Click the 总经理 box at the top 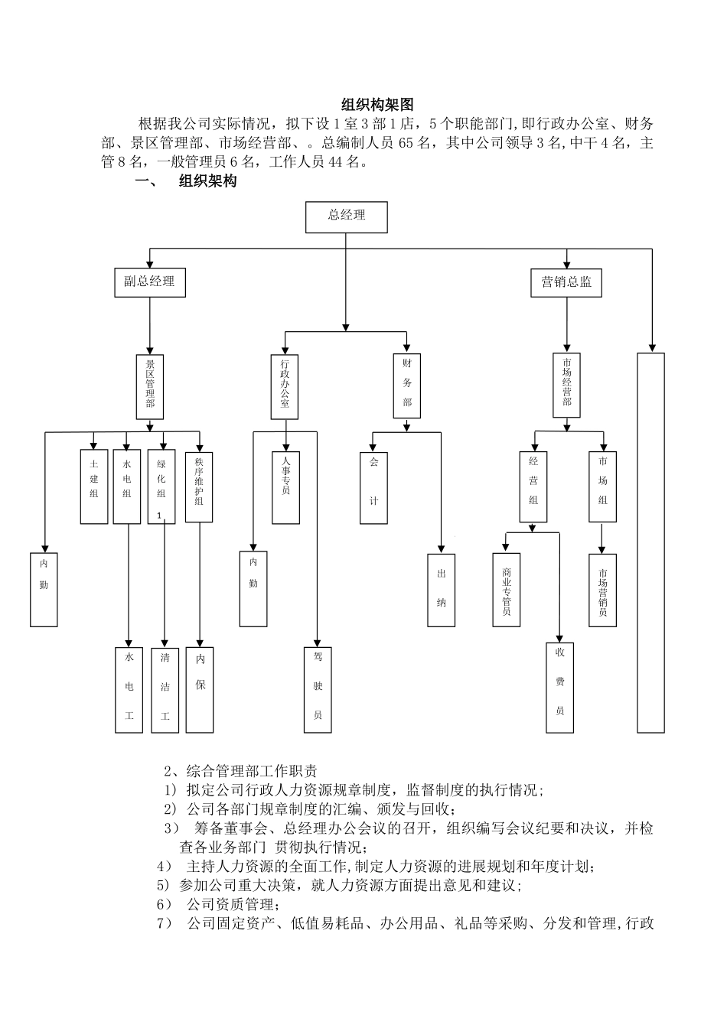coord(346,216)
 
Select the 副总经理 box coord(149,281)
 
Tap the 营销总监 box coord(566,281)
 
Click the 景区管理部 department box coord(150,386)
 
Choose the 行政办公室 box coord(285,386)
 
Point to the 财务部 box coord(407,385)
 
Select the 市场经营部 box coord(566,385)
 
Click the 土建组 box coord(94,486)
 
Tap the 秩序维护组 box coord(199,486)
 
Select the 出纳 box coord(441,590)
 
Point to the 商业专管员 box coord(507,590)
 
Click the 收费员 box coord(559,688)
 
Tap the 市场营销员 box coord(603,590)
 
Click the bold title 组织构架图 coord(377,106)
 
